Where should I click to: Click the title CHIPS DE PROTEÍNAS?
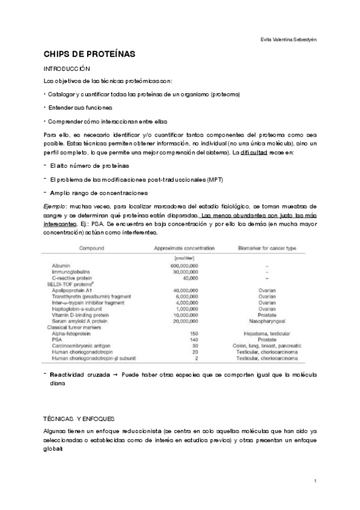[90, 55]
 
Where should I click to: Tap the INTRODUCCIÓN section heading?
[67, 70]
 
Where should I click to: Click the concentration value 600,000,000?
[184, 266]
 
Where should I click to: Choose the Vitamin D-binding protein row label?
[77, 315]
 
